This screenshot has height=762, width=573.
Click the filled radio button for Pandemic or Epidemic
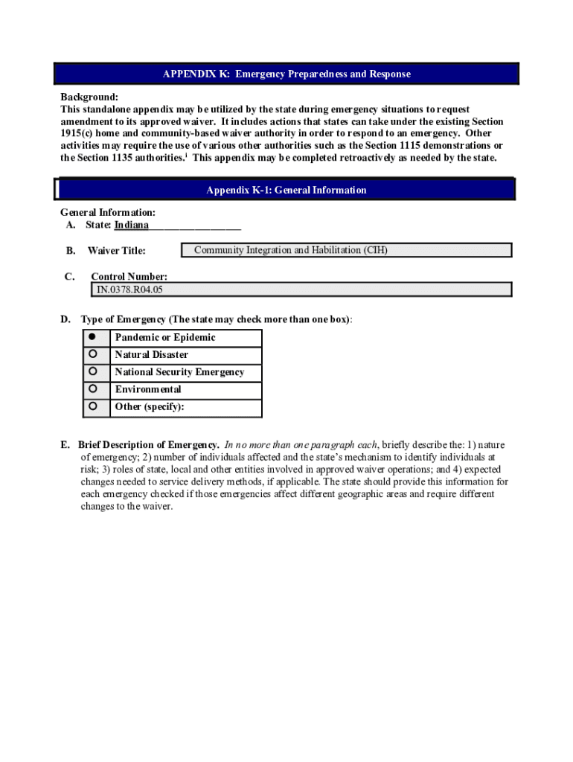(x=93, y=337)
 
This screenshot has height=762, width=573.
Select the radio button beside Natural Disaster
(x=93, y=354)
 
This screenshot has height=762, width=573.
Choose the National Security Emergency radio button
(x=93, y=371)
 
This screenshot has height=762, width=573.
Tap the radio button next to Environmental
(x=93, y=388)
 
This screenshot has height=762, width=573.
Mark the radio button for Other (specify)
(x=93, y=406)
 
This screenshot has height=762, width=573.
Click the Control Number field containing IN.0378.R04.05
(x=301, y=289)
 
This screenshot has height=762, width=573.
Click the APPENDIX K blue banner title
(x=286, y=74)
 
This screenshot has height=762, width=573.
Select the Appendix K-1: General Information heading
(x=286, y=190)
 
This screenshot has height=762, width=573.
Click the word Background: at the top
(x=89, y=97)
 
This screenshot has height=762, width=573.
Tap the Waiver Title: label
(x=116, y=251)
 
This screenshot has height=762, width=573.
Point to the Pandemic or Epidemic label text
(x=164, y=337)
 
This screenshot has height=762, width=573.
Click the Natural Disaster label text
(x=151, y=355)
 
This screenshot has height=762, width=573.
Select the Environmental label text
(x=147, y=389)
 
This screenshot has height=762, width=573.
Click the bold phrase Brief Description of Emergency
(x=148, y=445)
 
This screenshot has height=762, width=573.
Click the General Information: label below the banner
(x=107, y=213)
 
